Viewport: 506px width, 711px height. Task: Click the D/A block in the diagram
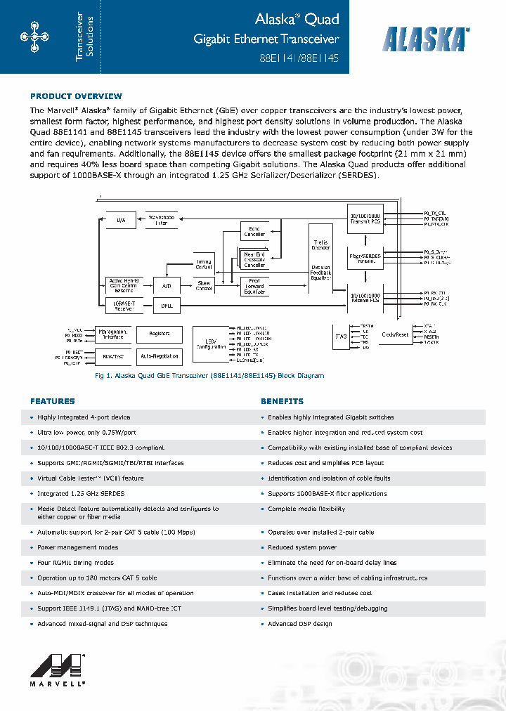point(121,219)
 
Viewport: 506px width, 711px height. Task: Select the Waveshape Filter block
point(162,219)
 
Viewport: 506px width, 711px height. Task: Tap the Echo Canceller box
point(254,231)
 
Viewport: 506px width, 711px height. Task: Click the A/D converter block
point(167,285)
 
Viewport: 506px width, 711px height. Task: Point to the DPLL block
point(167,306)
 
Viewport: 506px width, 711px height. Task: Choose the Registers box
point(159,334)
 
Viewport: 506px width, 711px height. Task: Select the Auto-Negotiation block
point(159,356)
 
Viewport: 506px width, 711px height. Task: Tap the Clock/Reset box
point(394,335)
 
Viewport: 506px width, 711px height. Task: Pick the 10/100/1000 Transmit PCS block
point(365,218)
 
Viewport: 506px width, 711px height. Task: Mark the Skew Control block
point(204,286)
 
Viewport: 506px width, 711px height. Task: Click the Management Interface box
point(112,334)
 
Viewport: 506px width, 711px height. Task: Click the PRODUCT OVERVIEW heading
point(76,96)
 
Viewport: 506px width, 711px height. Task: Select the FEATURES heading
point(52,401)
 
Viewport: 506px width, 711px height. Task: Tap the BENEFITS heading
point(282,401)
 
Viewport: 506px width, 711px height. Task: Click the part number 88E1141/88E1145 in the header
point(294,60)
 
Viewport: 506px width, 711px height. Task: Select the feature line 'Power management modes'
point(78,547)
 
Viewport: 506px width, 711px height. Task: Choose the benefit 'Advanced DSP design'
point(300,624)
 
